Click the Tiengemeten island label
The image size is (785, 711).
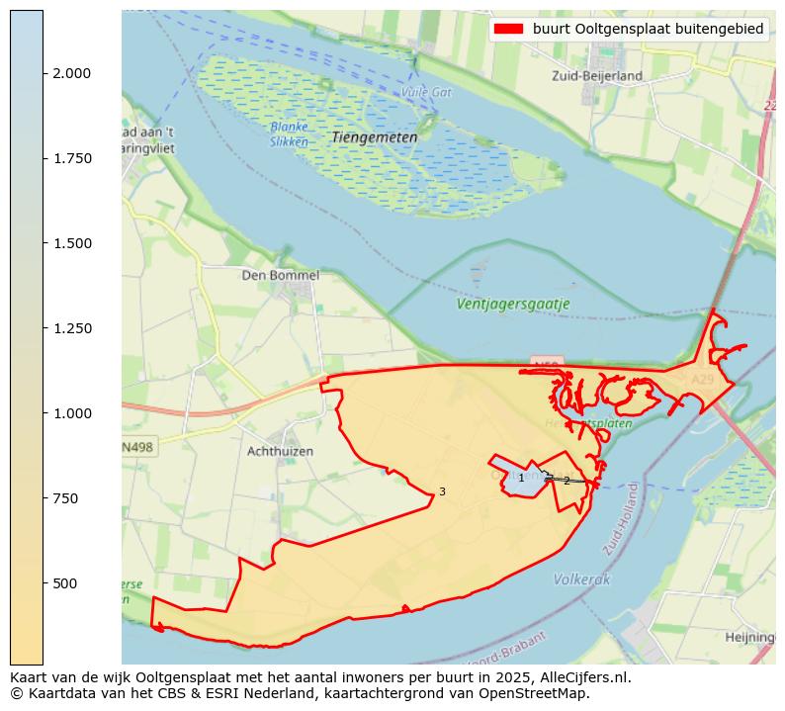click(x=374, y=136)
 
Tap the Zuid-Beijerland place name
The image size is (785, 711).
click(x=596, y=75)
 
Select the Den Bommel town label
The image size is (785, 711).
click(x=280, y=275)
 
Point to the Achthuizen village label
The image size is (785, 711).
click(x=280, y=451)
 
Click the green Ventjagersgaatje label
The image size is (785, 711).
click(x=512, y=304)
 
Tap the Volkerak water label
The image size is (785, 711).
click(x=581, y=578)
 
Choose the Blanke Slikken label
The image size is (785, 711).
click(x=289, y=134)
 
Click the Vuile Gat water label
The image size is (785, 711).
click(x=426, y=92)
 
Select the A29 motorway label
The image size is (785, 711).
click(x=702, y=379)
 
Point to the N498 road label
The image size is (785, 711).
click(x=137, y=447)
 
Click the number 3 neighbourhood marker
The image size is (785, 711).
click(x=442, y=491)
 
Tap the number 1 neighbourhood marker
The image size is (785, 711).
click(x=521, y=479)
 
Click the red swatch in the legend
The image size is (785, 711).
click(x=509, y=30)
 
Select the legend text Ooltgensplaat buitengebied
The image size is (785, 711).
click(x=648, y=30)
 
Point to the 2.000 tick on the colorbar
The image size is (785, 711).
click(x=70, y=73)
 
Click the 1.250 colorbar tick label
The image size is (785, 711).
click(x=70, y=328)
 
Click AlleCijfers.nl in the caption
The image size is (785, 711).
click(x=584, y=677)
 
